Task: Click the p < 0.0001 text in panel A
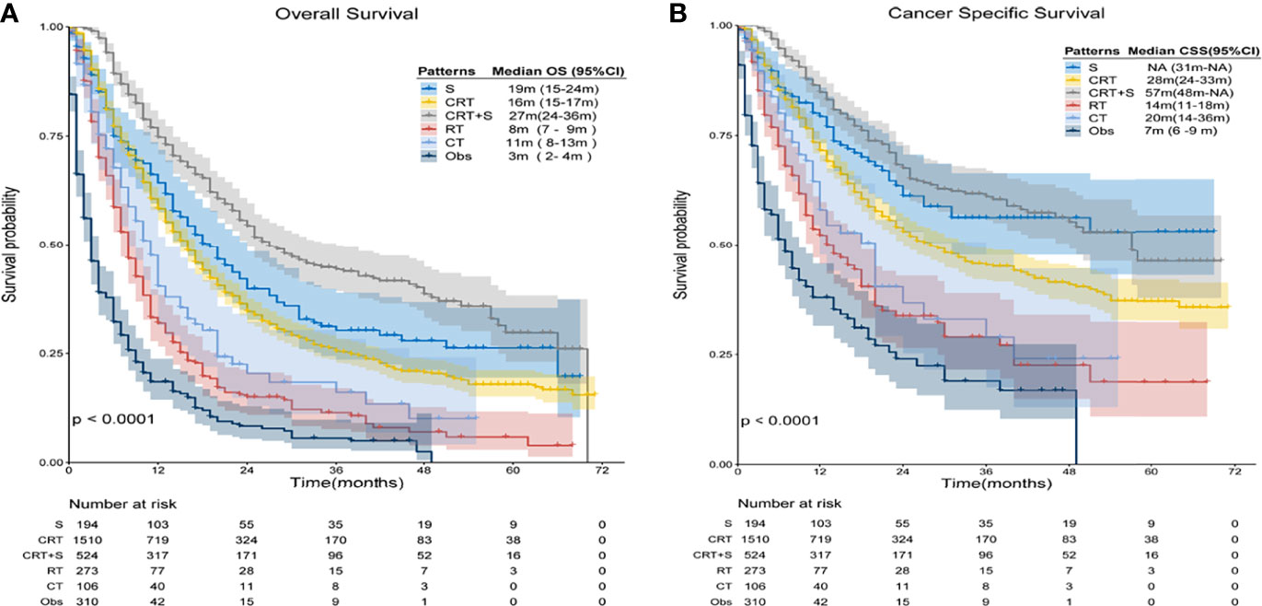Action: pos(112,420)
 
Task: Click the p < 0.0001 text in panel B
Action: pos(781,421)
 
